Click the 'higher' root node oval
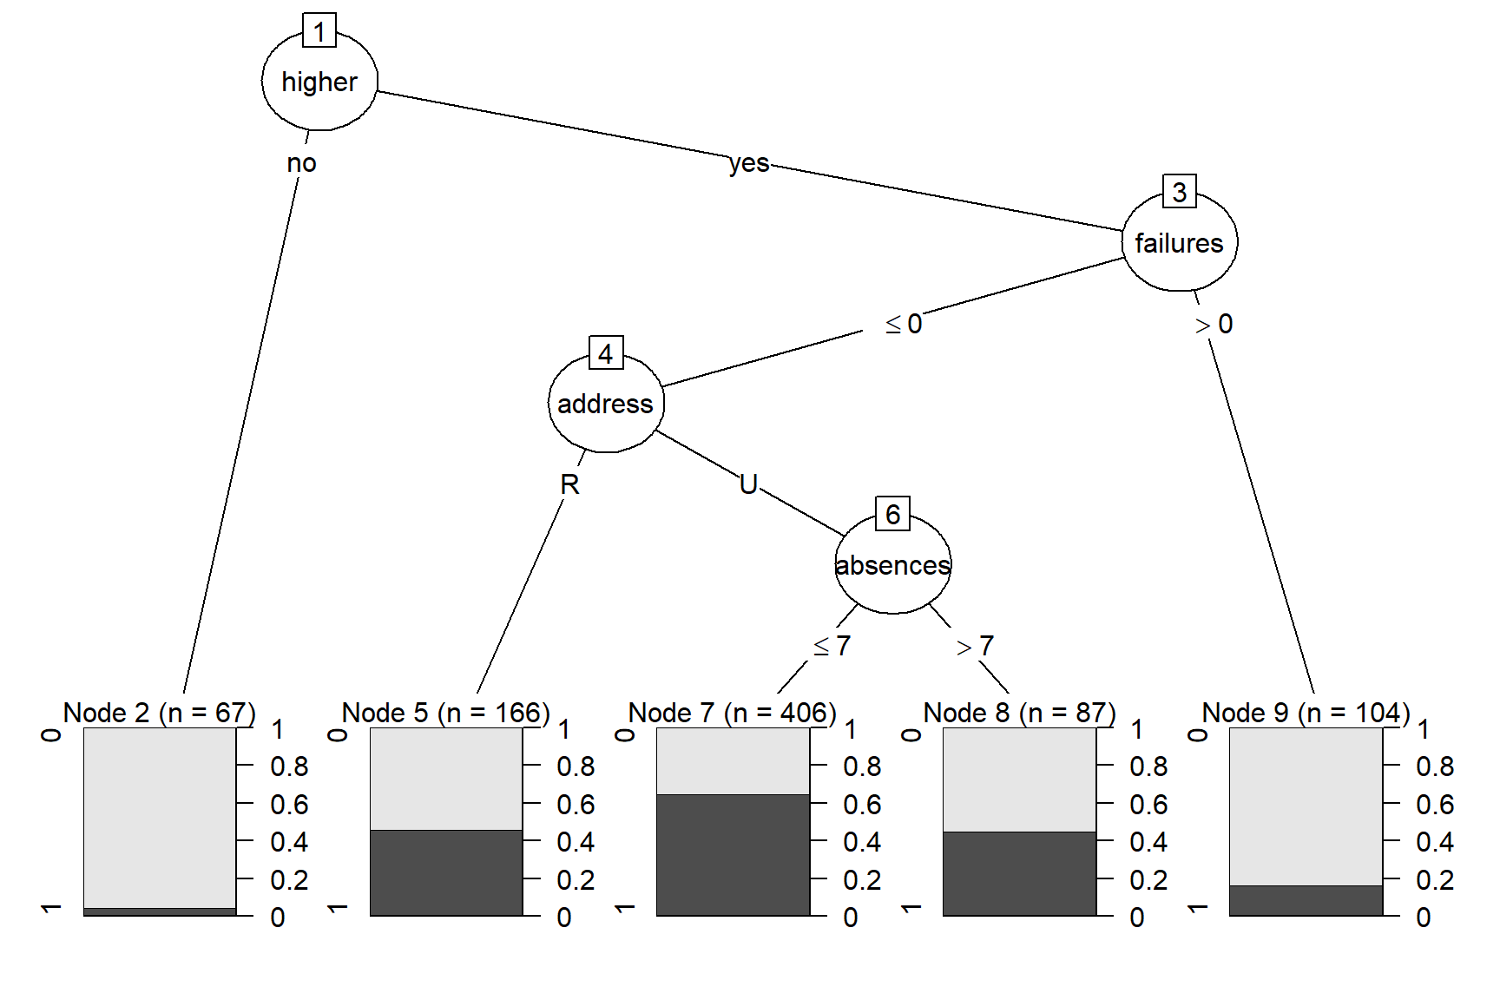[319, 82]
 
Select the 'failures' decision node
[1179, 243]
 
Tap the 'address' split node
[605, 404]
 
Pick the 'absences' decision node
[892, 565]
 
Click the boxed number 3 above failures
[1179, 192]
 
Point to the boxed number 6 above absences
[892, 514]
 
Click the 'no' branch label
[301, 163]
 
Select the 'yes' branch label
[748, 163]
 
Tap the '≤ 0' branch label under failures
[903, 324]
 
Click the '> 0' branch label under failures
[1214, 324]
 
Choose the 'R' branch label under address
[569, 484]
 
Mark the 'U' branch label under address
[748, 484]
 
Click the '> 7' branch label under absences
[975, 646]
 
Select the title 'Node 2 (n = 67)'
[160, 713]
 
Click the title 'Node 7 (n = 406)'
[732, 713]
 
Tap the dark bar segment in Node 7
[733, 855]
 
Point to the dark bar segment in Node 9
[1306, 900]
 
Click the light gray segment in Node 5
[446, 778]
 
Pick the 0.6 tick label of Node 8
[1148, 805]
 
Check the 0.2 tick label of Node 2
[289, 880]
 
